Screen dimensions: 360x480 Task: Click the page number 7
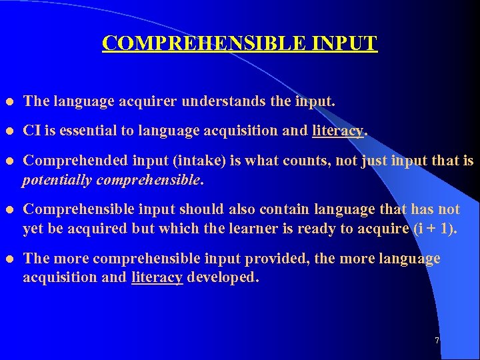tap(437, 341)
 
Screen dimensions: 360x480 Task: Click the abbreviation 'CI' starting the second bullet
tap(31, 131)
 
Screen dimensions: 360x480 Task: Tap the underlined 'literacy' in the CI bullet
tap(338, 131)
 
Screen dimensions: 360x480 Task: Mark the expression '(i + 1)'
tap(436, 229)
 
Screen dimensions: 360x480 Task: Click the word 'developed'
tap(223, 277)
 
